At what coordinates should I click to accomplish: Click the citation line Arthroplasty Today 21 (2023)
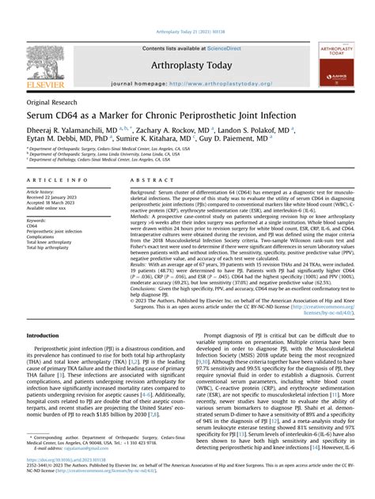(187, 32)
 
